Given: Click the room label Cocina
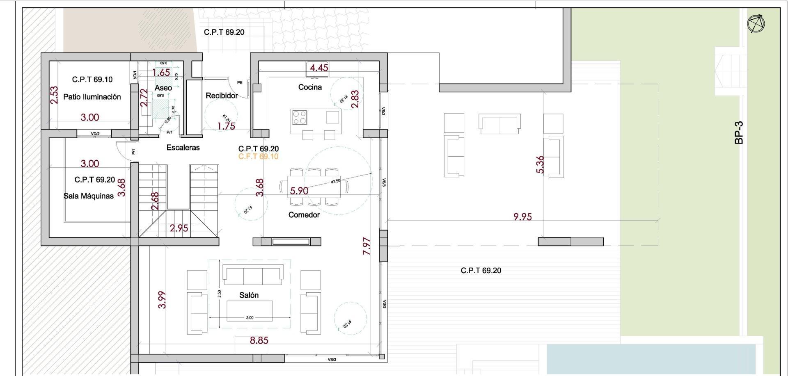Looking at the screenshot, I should [310, 87].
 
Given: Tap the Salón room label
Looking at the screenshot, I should [249, 295].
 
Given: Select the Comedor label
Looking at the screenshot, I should [304, 215].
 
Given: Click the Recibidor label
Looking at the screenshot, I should [222, 96].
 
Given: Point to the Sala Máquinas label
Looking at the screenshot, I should [89, 196].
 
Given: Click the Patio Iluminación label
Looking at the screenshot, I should [92, 97].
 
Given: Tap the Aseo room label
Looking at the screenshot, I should [163, 88].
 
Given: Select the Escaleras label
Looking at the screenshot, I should [183, 148].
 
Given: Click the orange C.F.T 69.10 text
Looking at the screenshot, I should [258, 157].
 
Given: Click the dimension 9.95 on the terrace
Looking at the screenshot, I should [522, 216].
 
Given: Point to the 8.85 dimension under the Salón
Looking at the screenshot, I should [259, 340].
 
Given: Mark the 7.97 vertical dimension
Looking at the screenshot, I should [367, 246].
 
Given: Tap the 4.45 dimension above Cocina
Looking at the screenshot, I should [319, 68].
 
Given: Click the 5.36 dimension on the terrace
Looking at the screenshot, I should [540, 164].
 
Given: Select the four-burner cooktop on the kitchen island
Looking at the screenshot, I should [299, 117].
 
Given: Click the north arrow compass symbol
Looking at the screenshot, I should [756, 24].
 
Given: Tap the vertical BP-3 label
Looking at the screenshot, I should [739, 132].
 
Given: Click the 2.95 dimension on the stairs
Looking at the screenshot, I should [179, 228].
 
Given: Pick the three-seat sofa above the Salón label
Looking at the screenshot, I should [253, 275].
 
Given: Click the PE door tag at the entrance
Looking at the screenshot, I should [240, 82].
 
